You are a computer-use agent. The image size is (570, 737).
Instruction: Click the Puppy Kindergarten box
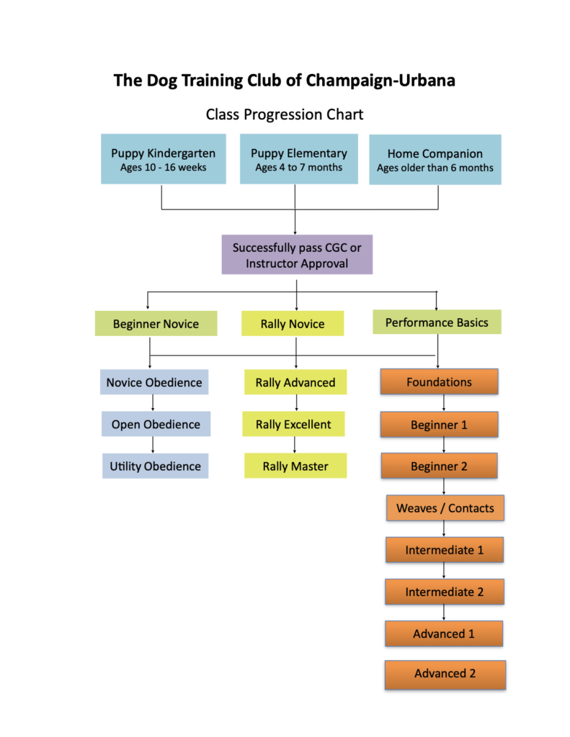163,160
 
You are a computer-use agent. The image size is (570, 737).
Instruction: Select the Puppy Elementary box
298,159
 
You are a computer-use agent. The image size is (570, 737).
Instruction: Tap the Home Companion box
435,160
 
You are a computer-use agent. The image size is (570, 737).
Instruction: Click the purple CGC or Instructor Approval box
296,256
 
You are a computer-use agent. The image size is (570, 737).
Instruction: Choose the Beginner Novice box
156,324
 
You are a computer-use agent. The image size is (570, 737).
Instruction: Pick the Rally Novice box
293,324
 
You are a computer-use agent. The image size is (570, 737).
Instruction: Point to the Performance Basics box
437,322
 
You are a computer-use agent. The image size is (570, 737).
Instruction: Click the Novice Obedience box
154,382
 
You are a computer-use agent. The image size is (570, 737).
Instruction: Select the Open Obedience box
156,424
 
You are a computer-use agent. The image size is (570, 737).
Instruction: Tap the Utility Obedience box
155,466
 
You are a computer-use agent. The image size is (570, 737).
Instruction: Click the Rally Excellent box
294,424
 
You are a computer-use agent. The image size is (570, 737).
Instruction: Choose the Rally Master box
295,466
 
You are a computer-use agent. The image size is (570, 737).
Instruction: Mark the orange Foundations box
439,381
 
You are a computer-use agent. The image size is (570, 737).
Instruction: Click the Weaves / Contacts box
445,507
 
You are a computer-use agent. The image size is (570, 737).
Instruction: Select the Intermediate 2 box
444,592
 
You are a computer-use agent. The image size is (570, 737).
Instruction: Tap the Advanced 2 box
445,674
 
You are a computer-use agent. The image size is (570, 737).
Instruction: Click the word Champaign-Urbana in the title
380,80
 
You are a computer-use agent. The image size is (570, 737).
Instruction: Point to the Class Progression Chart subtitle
285,114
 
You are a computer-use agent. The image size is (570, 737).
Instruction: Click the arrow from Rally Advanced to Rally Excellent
295,403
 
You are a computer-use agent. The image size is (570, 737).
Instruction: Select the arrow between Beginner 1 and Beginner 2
442,445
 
